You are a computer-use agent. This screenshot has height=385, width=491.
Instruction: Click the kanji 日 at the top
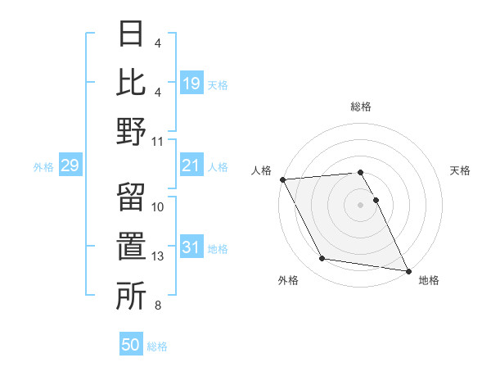point(131,34)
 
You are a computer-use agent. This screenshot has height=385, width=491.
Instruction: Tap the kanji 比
point(131,82)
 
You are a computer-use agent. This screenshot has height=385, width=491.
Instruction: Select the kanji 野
point(131,131)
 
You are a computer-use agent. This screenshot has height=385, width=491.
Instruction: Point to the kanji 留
point(131,197)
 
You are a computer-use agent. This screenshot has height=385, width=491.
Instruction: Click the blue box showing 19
point(191,83)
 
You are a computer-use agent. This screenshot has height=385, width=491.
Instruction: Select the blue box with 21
point(191,166)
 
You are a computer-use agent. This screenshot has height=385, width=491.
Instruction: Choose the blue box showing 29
point(70,166)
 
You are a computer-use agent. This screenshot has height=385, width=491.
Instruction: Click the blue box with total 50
point(131,345)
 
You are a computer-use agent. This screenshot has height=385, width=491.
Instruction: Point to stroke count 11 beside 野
point(158,141)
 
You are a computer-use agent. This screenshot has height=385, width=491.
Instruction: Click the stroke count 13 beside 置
point(158,256)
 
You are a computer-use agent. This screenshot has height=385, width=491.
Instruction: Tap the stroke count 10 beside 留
point(158,207)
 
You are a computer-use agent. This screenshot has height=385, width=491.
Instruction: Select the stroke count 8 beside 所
point(157,306)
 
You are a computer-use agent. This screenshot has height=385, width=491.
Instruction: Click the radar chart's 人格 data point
point(282,179)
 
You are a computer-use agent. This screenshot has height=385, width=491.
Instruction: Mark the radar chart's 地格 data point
point(408,269)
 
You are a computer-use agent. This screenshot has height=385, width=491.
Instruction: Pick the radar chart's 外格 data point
point(322,259)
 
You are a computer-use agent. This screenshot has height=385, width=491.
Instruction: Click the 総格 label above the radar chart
point(361,106)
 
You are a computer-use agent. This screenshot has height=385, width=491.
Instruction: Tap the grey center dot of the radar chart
point(360,204)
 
